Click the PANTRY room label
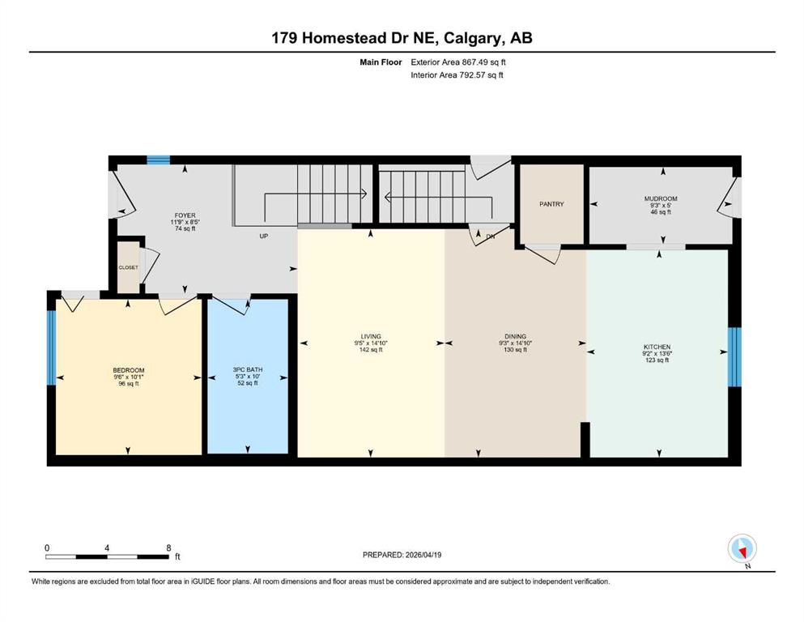[551, 204]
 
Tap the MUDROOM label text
[661, 198]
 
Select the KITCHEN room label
[657, 347]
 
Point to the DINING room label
[515, 336]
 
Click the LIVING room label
[371, 336]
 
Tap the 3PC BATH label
[248, 369]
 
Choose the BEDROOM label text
[129, 370]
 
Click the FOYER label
[185, 215]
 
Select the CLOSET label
[128, 267]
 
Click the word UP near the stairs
[264, 236]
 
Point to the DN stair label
[490, 236]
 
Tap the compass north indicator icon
[742, 548]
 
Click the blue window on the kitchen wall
[734, 357]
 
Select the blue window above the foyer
[159, 160]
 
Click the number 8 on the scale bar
[168, 547]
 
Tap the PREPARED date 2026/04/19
[423, 555]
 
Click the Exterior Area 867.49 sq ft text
[458, 62]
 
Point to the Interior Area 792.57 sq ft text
[457, 75]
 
